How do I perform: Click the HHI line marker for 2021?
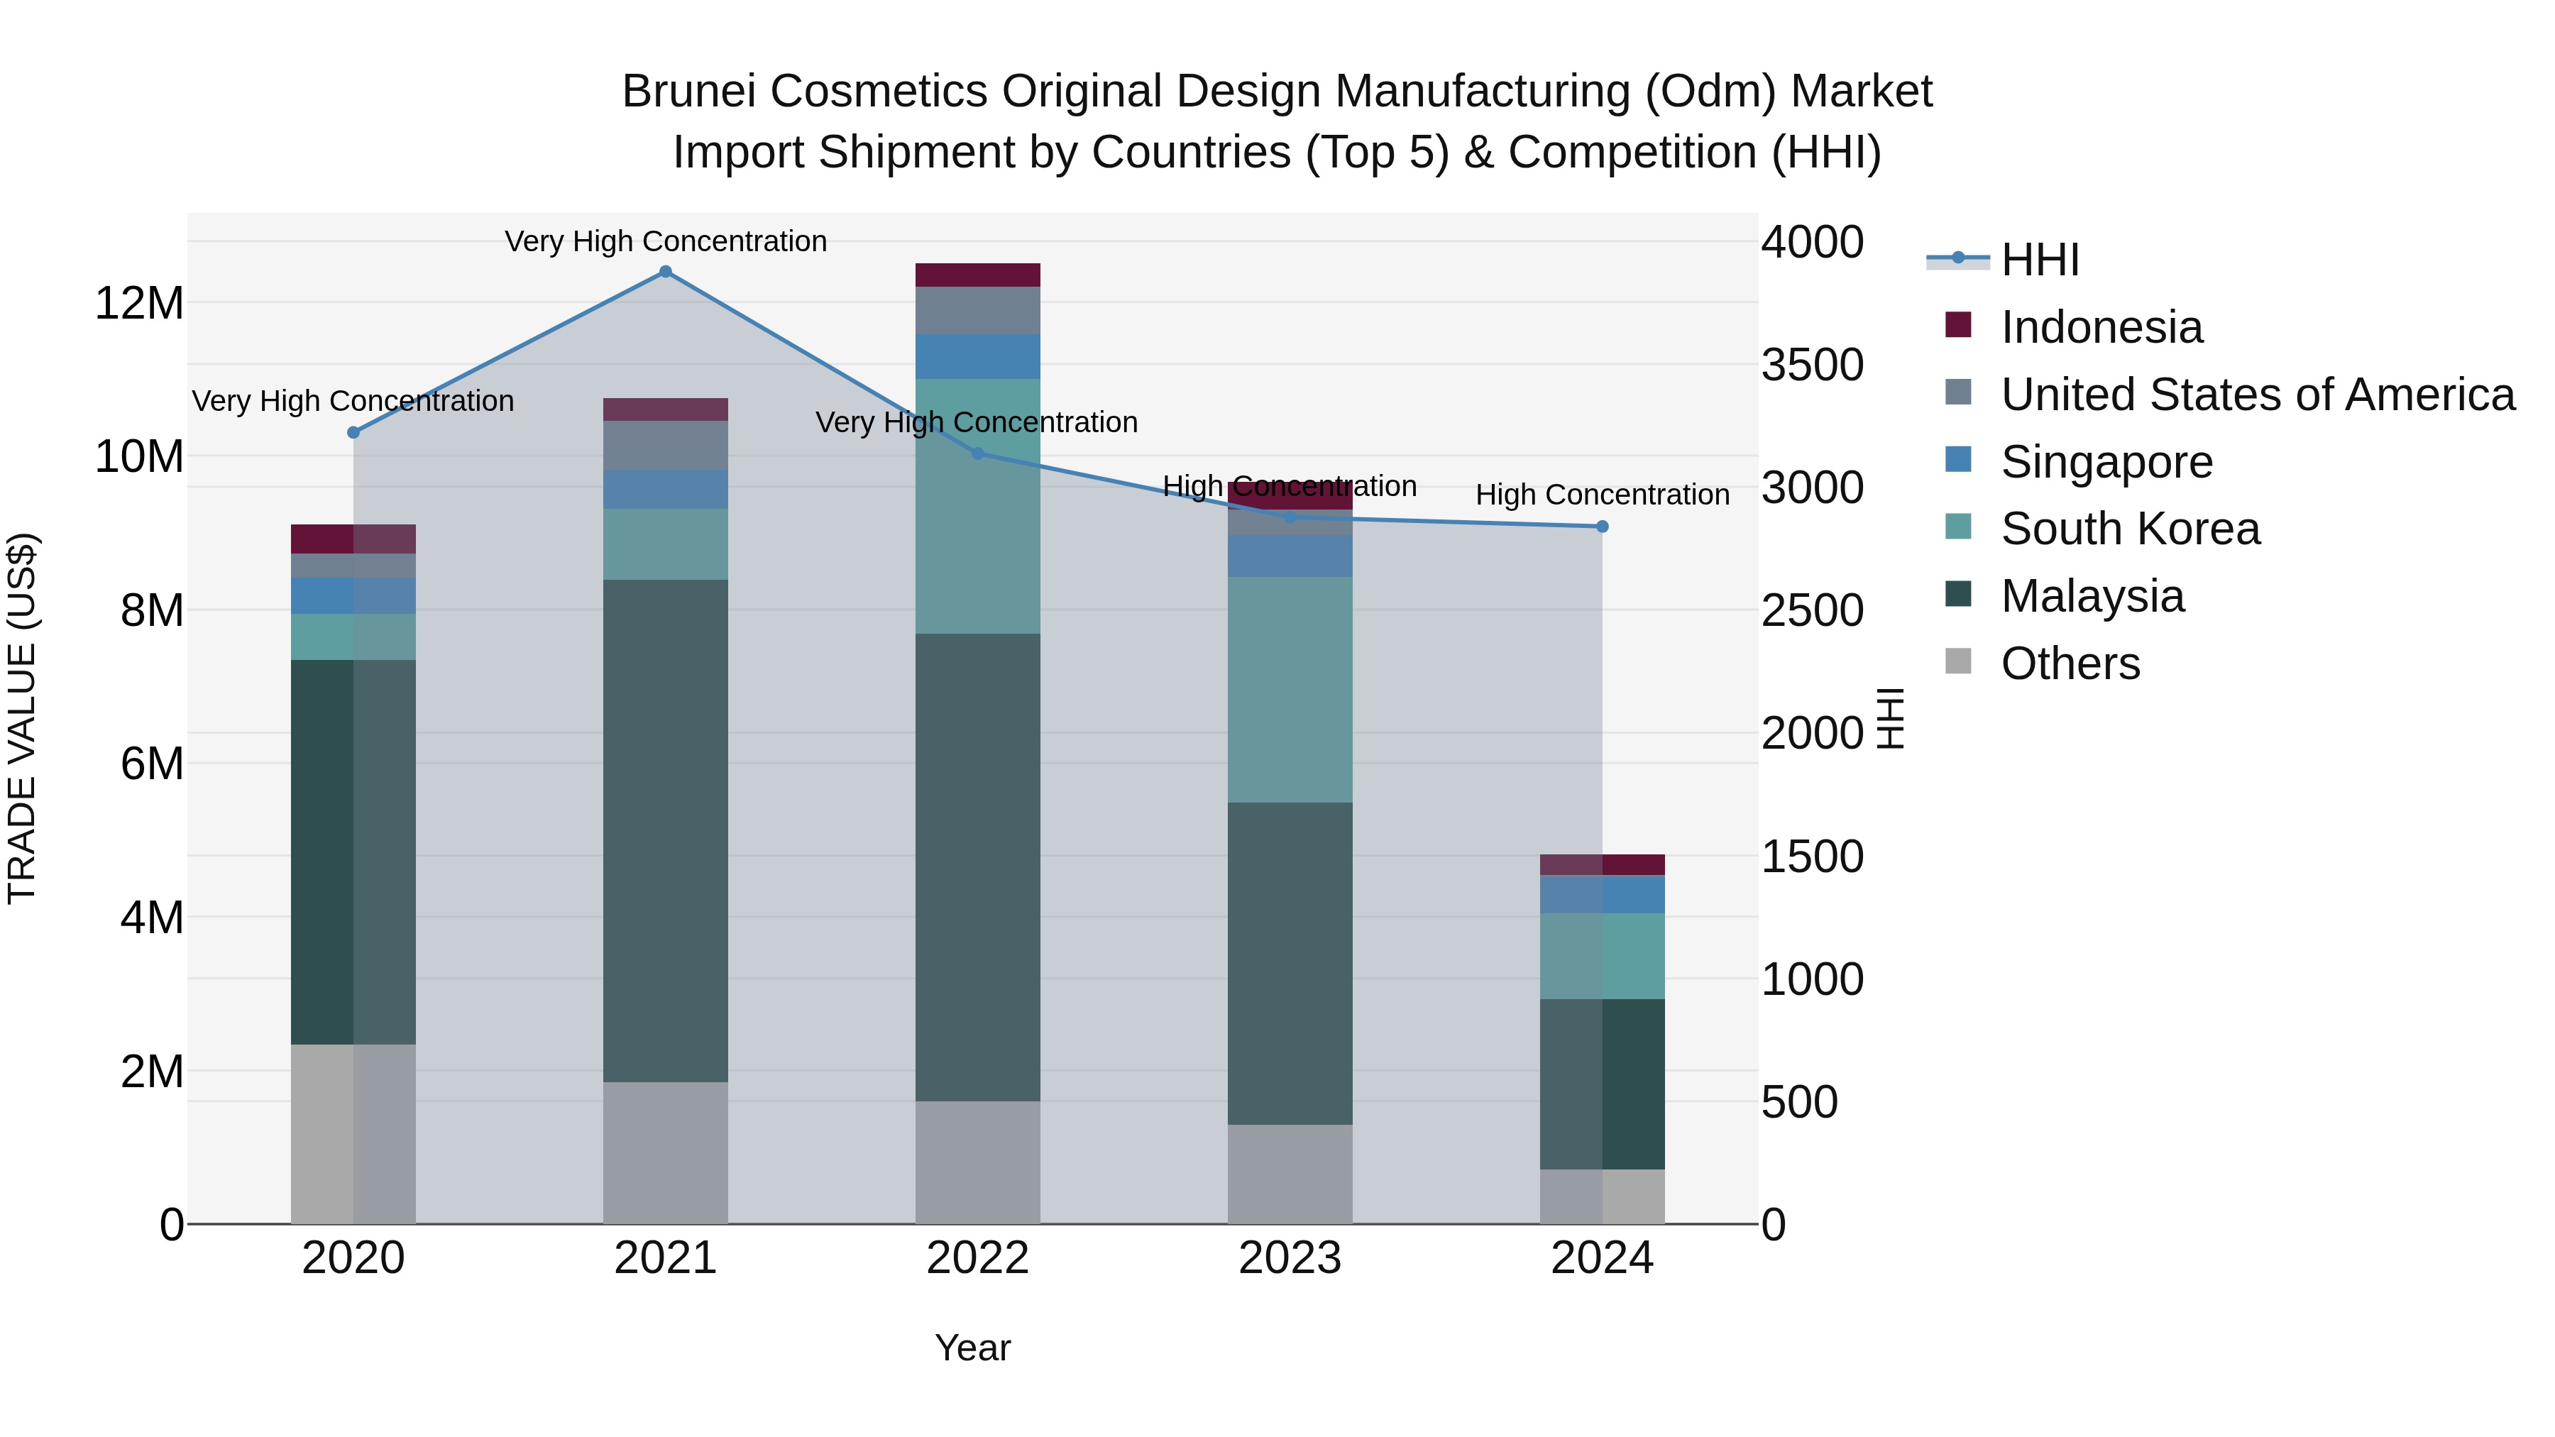pos(666,272)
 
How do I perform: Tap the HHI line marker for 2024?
pos(1602,527)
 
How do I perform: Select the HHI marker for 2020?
pos(353,432)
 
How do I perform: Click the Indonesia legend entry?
pos(2101,327)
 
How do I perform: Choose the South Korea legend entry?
pos(2129,529)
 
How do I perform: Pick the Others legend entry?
pos(2070,664)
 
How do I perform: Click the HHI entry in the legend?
pos(2039,260)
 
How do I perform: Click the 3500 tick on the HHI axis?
pos(1811,365)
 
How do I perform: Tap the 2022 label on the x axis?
pos(977,1258)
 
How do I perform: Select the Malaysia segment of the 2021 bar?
pos(666,830)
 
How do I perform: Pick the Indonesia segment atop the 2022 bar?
pos(977,275)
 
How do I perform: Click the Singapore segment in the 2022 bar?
pos(977,356)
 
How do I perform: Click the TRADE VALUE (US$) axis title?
pos(22,718)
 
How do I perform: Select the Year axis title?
pos(972,1348)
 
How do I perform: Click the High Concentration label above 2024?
pos(1602,494)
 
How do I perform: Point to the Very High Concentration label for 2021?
pos(666,241)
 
